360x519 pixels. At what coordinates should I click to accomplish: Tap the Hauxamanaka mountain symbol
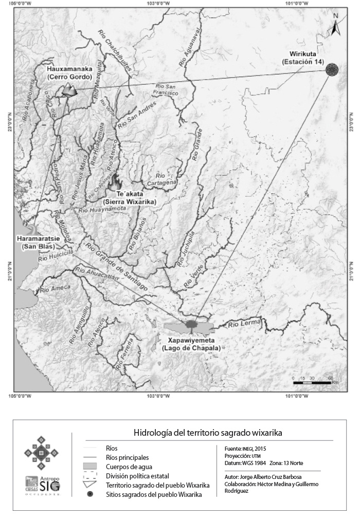pos(67,90)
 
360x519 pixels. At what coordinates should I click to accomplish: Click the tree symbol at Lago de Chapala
pos(191,325)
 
